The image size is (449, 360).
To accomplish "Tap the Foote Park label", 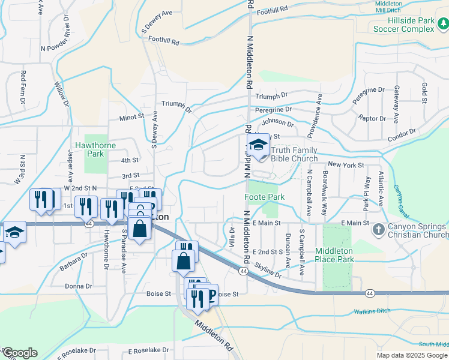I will click(264, 197).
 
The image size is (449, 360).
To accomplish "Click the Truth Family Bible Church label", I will click(294, 155).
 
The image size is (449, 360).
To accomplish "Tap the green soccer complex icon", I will click(442, 23).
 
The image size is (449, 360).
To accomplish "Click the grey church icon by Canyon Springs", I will click(378, 229).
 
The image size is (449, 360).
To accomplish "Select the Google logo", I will click(20, 353).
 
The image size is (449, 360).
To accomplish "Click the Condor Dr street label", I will click(402, 136).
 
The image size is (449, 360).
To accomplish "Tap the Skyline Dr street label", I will click(268, 269).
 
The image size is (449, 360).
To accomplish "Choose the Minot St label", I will click(131, 118).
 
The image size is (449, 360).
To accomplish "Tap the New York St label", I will click(346, 164).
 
